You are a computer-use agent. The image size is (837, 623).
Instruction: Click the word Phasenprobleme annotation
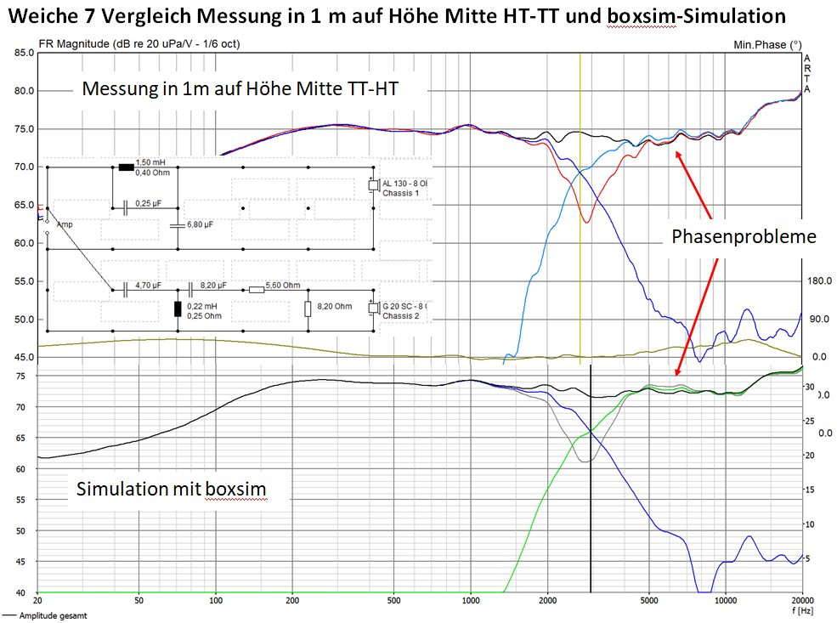click(744, 236)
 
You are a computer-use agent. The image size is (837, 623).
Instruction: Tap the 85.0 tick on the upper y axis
click(23, 53)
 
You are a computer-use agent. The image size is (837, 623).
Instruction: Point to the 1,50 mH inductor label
click(150, 161)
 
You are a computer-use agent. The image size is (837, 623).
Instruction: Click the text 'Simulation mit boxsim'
click(171, 490)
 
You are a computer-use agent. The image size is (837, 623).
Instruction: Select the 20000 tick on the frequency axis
click(801, 601)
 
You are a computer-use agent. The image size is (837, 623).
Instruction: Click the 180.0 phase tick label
click(817, 281)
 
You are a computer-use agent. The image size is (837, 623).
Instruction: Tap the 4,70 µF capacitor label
click(150, 285)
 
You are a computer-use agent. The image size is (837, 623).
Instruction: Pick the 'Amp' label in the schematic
click(65, 224)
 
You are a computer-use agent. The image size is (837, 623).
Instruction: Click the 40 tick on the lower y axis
click(29, 592)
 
